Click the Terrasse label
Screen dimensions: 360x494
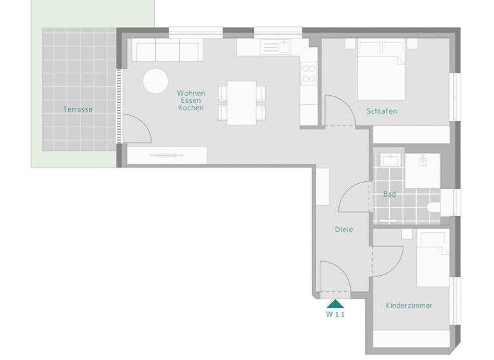click(x=78, y=109)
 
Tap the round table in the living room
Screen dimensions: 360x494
click(x=155, y=82)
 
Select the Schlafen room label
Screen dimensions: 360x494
click(x=381, y=111)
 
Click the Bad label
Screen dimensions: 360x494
click(x=389, y=194)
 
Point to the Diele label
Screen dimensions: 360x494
click(x=343, y=230)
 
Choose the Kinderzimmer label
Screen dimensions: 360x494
click(x=408, y=305)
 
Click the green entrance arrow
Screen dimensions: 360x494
click(x=335, y=304)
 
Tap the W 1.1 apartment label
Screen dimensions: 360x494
click(x=335, y=315)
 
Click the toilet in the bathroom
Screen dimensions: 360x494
click(x=434, y=207)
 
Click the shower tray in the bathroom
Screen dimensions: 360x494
click(x=423, y=170)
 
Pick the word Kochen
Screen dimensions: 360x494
click(x=191, y=108)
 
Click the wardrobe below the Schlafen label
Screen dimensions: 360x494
click(x=411, y=134)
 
